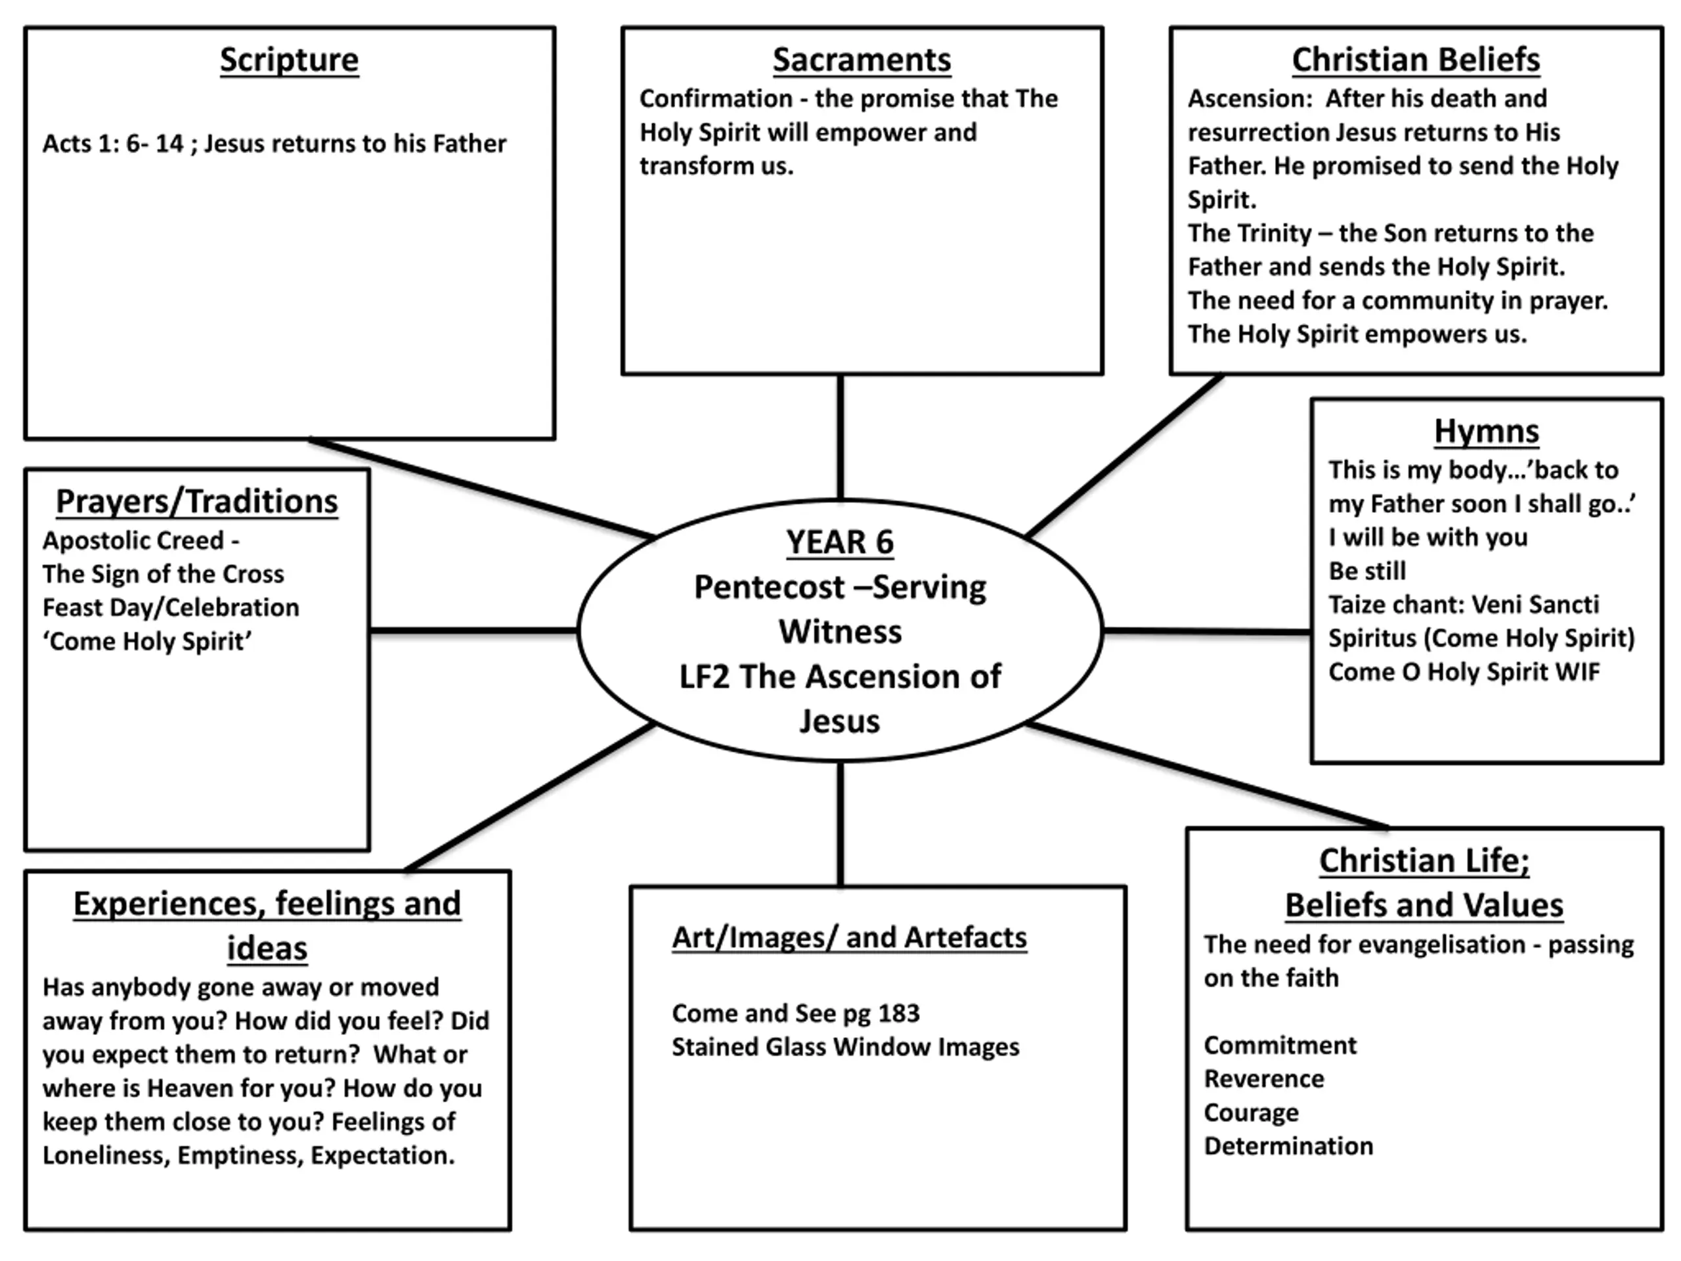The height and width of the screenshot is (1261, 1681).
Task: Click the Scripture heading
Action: point(289,60)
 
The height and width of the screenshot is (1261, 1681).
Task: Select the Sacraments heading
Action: point(862,60)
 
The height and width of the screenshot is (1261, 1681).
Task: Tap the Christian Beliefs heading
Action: point(1416,60)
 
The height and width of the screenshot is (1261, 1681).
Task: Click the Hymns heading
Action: point(1487,431)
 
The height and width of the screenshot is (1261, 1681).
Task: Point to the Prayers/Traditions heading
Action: point(197,502)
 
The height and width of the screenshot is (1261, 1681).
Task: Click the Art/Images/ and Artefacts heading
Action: point(850,937)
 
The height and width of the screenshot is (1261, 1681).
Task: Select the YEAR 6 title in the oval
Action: point(840,542)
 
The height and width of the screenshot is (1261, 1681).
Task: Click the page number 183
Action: point(899,1013)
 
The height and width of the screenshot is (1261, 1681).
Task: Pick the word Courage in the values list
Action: point(1251,1113)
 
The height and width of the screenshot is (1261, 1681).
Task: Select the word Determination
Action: point(1288,1146)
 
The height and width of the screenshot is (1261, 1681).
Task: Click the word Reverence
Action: point(1264,1079)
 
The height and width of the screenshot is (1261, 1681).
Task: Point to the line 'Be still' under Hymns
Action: point(1367,571)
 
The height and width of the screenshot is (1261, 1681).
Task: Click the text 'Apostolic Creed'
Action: point(133,541)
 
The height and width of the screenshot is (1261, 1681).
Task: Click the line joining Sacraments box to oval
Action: point(840,437)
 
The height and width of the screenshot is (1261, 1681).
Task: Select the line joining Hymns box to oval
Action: point(1207,631)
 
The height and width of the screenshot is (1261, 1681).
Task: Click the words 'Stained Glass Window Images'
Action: point(845,1048)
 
